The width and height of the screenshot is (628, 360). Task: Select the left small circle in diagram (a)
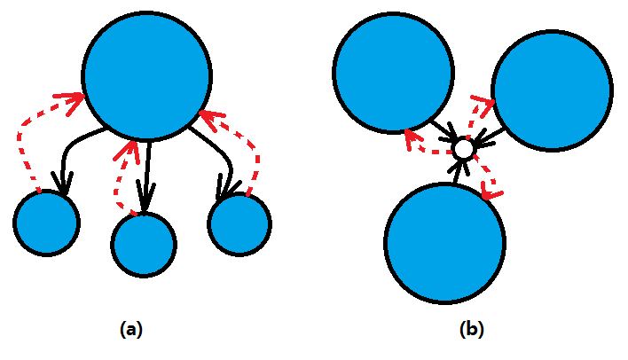coord(46,223)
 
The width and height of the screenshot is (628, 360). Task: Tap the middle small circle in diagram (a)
coord(144,242)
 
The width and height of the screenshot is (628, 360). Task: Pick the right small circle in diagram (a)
coord(239,224)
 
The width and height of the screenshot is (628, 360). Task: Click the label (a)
coord(130,329)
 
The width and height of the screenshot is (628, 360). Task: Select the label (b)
coord(472,329)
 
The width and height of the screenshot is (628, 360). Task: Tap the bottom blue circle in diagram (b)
coord(445,242)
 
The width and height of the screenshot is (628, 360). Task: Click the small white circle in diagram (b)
coord(463,149)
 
